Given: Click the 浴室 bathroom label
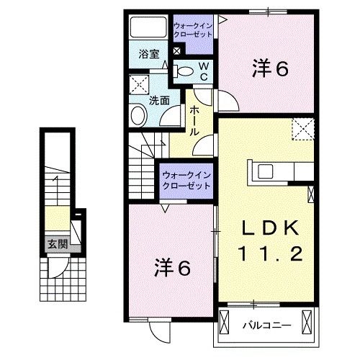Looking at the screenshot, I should pyautogui.click(x=149, y=53).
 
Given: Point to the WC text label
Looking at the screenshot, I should pyautogui.click(x=204, y=71).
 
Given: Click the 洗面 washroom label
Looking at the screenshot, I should pyautogui.click(x=159, y=101).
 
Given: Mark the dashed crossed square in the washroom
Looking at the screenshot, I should pyautogui.click(x=138, y=84).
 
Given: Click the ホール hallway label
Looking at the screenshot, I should pyautogui.click(x=195, y=121).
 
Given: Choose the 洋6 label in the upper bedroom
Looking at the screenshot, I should pyautogui.click(x=270, y=70).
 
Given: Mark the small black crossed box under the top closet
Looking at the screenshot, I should pyautogui.click(x=177, y=50).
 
